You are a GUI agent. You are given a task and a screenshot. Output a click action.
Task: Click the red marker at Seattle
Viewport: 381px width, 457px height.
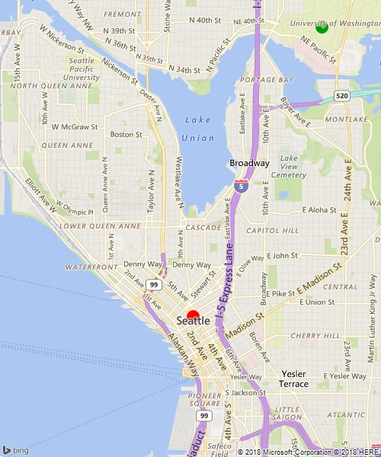point(193,315)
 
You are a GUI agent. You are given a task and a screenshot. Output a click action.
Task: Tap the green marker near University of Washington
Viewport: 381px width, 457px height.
point(322,27)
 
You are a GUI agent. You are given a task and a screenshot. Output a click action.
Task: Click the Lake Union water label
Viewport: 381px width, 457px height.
point(198,129)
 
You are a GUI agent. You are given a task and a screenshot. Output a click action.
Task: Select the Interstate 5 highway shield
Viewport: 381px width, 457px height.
point(241,184)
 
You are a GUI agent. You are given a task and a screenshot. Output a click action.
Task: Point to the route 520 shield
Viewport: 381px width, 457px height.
point(342,95)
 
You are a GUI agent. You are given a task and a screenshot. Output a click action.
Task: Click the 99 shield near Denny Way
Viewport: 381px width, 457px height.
point(155,284)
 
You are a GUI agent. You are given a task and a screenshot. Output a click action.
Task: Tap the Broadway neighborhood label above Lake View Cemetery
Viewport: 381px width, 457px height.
point(249,163)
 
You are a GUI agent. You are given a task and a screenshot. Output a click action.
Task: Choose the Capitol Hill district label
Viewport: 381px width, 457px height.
point(271,230)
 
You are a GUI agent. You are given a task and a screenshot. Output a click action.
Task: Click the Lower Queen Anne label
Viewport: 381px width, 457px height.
point(100,226)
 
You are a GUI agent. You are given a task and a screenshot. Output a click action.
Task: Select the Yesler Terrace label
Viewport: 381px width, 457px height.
point(294,379)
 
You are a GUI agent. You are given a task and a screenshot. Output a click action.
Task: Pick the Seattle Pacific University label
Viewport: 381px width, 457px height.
point(82,69)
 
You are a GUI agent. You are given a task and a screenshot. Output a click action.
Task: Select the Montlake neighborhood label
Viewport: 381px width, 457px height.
point(345,120)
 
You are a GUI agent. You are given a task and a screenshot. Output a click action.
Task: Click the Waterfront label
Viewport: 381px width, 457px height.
point(91,267)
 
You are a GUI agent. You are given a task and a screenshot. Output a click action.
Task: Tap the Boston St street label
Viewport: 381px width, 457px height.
point(126,134)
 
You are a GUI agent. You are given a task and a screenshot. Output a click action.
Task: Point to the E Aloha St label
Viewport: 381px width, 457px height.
point(319,209)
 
